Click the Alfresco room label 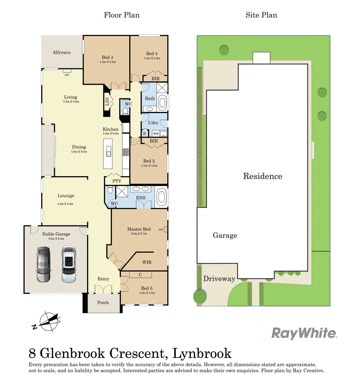click(x=62, y=52)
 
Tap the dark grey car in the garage click(x=43, y=265)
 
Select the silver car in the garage click(x=69, y=265)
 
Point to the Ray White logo click(x=304, y=333)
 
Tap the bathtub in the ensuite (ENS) click(x=161, y=198)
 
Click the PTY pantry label click(x=117, y=181)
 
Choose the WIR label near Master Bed click(x=147, y=262)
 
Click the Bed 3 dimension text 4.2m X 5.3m click(x=108, y=62)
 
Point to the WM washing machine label click(x=155, y=133)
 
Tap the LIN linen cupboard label click(x=107, y=102)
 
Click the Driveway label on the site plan click(x=219, y=279)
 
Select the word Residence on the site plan click(x=263, y=176)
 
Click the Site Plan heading click(x=261, y=15)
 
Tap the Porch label click(x=103, y=303)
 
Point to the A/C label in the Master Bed click(x=161, y=229)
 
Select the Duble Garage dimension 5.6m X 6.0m click(x=56, y=239)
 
